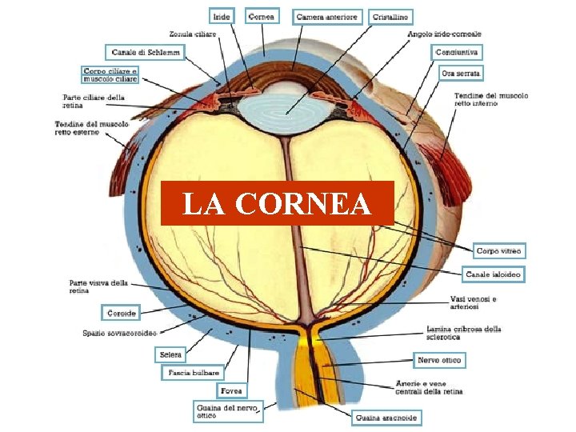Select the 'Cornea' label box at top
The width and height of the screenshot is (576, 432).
click(x=262, y=15)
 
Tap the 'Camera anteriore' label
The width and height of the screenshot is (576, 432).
click(x=327, y=16)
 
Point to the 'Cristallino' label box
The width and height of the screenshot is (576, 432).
click(x=390, y=16)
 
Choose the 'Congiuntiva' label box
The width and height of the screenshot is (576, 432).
click(x=458, y=53)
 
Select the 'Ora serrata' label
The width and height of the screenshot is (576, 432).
click(x=462, y=73)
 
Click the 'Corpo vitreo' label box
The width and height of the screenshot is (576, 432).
click(x=499, y=251)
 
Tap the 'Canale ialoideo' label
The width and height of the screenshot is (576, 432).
click(x=494, y=274)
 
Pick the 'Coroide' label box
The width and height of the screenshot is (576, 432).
click(x=122, y=313)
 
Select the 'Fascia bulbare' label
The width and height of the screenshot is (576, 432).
click(x=194, y=373)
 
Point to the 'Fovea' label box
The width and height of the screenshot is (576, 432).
click(x=231, y=391)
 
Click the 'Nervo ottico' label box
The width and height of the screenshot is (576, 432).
click(x=439, y=361)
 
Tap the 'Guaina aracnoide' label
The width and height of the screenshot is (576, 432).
click(x=386, y=418)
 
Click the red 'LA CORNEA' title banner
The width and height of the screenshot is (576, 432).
click(x=277, y=203)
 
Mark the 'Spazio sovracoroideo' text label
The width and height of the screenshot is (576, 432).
click(x=119, y=333)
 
